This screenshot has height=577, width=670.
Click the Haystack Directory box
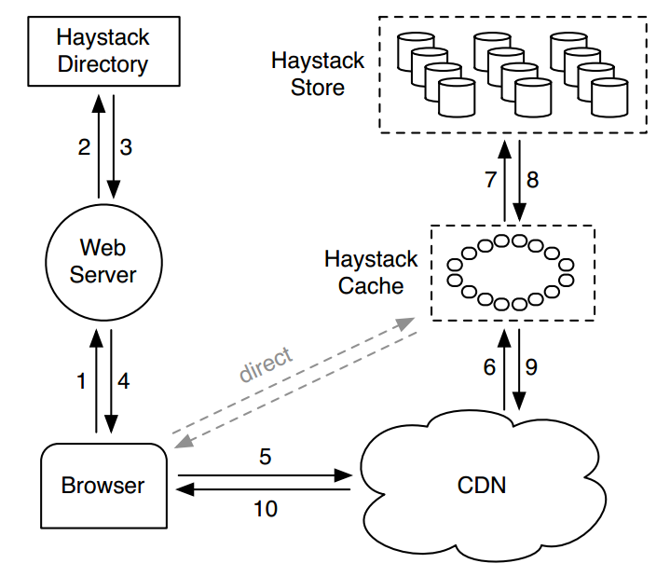click(103, 51)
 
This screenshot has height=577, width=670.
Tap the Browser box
click(103, 486)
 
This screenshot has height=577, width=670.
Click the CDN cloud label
click(482, 486)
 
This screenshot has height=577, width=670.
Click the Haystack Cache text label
click(371, 271)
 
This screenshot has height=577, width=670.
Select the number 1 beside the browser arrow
click(81, 380)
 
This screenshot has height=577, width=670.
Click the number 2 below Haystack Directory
click(84, 146)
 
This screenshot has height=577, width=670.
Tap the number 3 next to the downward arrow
click(127, 146)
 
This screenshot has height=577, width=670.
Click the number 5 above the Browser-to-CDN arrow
click(265, 457)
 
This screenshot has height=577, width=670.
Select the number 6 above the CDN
click(489, 367)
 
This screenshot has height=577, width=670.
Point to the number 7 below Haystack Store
click(491, 180)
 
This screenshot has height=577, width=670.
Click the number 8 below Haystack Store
click(532, 180)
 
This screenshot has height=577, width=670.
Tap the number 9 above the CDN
click(531, 367)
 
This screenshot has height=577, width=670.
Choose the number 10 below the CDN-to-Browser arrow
click(265, 509)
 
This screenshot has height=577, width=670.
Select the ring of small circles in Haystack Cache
click(510, 272)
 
